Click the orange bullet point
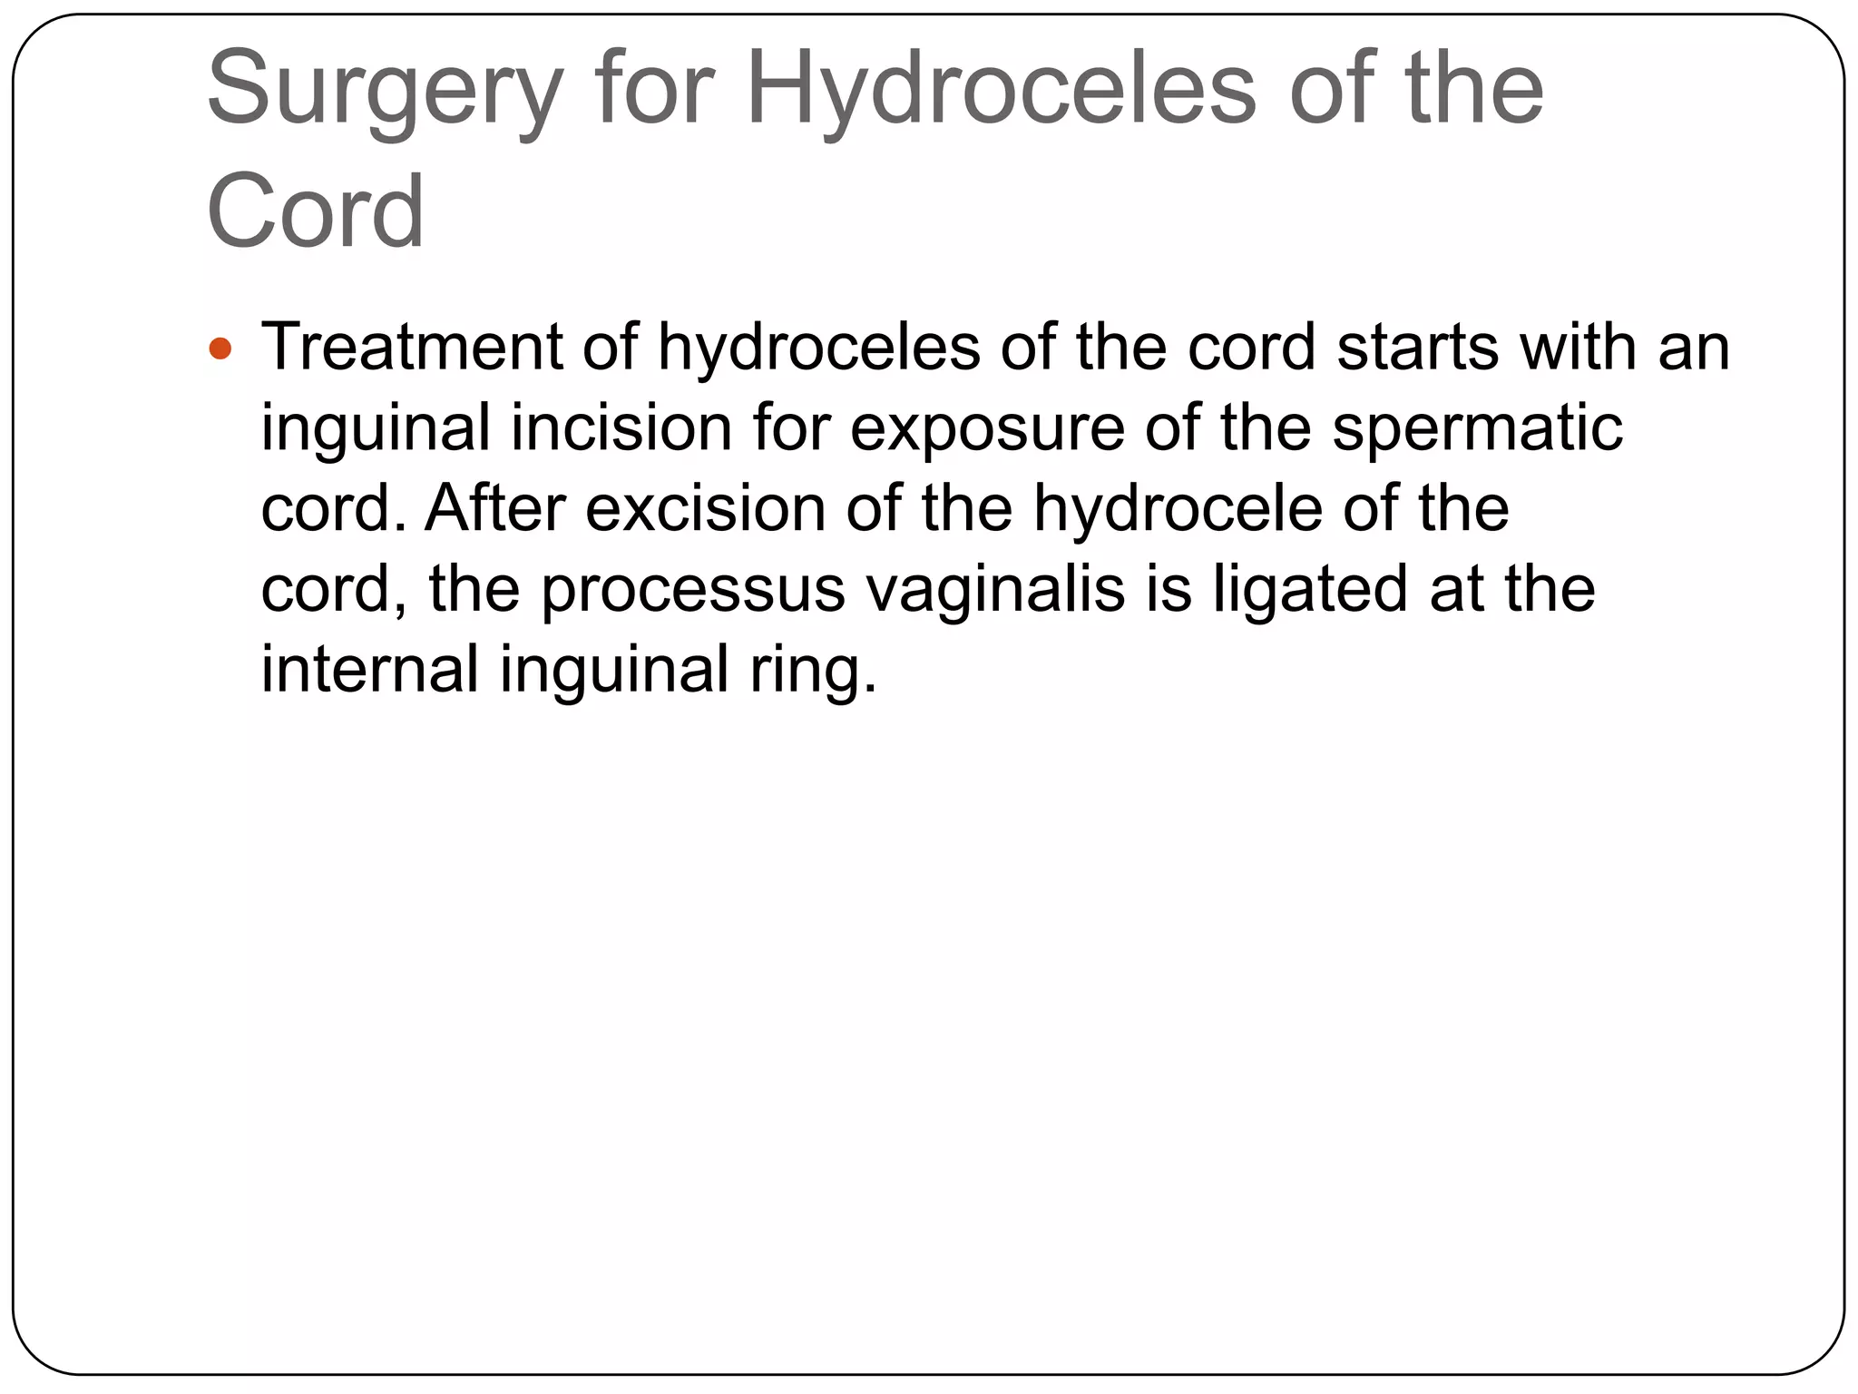(x=220, y=348)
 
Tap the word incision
(x=621, y=427)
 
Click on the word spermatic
(x=1477, y=429)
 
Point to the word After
(x=494, y=508)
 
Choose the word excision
(x=707, y=508)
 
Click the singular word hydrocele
(x=1178, y=508)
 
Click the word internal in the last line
(x=369, y=669)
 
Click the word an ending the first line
(x=1695, y=349)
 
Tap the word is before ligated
(x=1169, y=588)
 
